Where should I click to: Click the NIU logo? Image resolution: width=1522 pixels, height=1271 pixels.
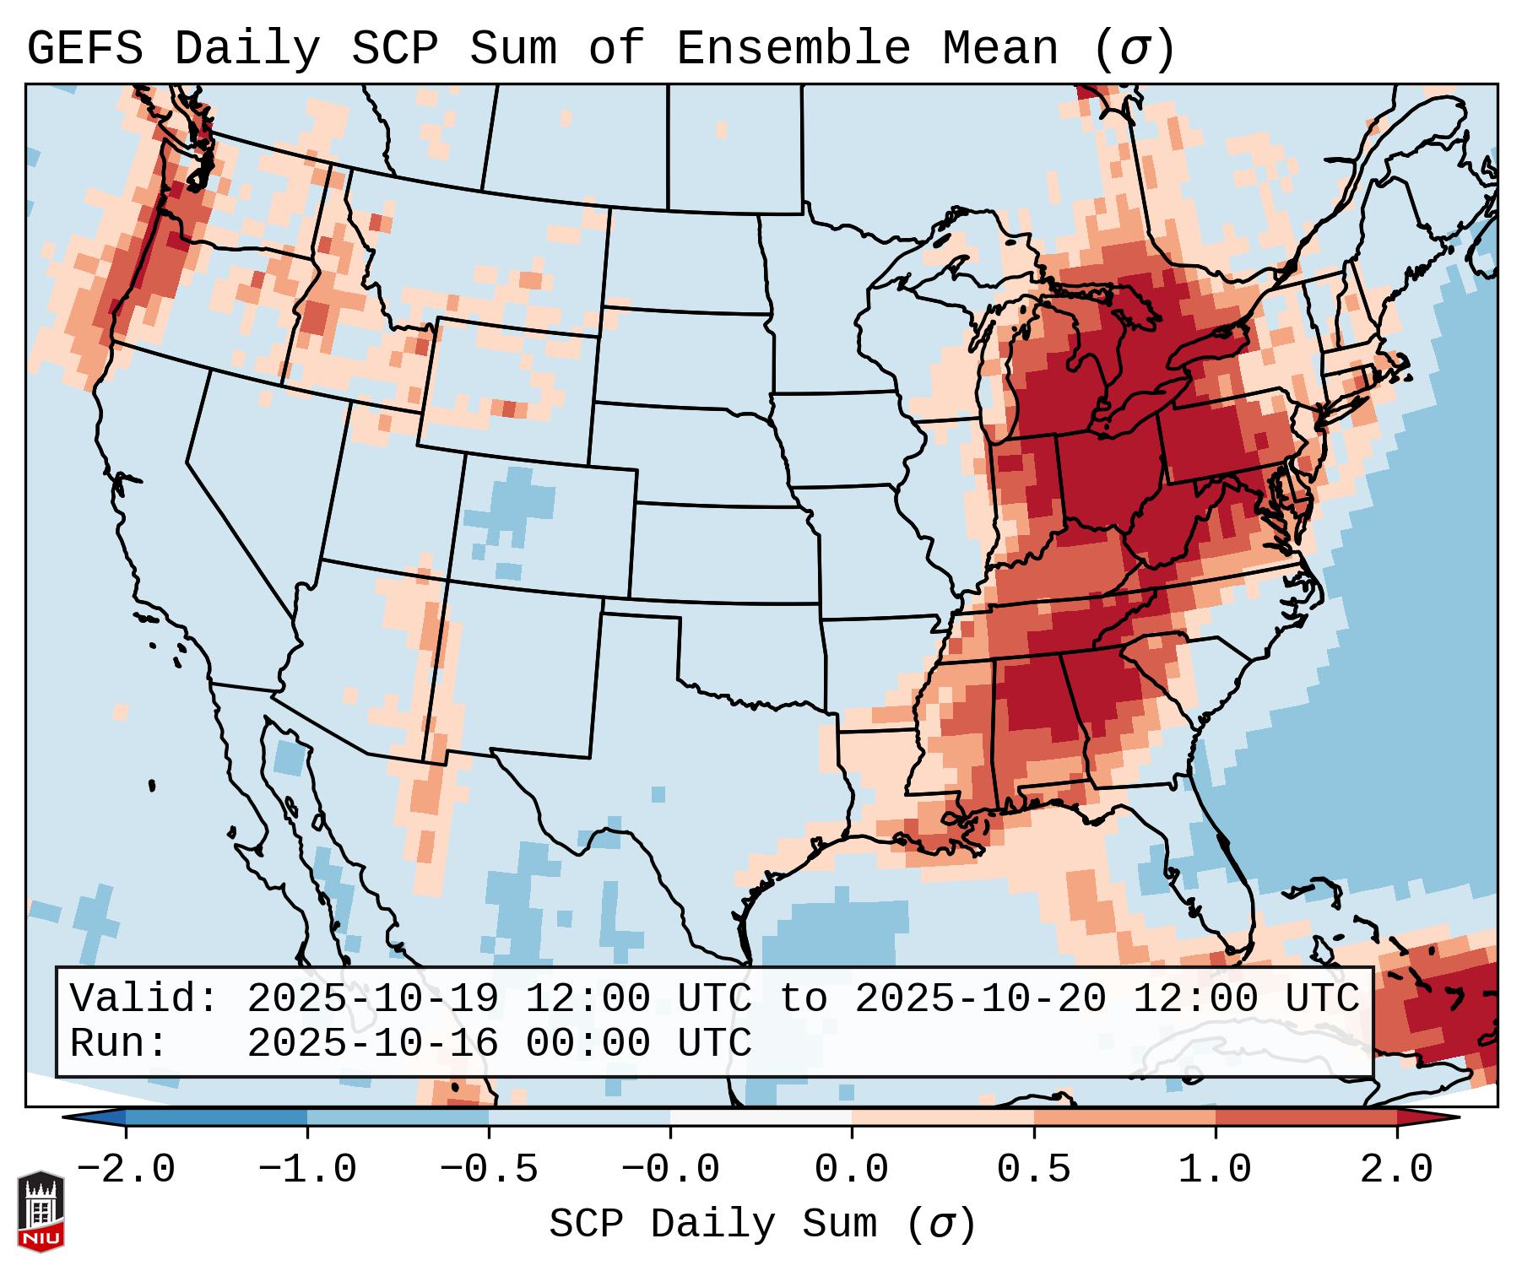pyautogui.click(x=41, y=1211)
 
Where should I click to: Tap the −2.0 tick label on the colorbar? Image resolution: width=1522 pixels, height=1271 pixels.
pyautogui.click(x=126, y=1170)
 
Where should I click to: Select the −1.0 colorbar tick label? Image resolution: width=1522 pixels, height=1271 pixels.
pyautogui.click(x=307, y=1170)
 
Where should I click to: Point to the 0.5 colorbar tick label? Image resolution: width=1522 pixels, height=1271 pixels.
pyautogui.click(x=1033, y=1170)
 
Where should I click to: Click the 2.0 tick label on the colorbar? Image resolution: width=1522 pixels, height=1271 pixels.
pyautogui.click(x=1396, y=1170)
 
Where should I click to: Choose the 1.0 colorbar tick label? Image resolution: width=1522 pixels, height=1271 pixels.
pyautogui.click(x=1215, y=1170)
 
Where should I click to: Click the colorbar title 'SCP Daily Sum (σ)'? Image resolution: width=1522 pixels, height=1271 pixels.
pyautogui.click(x=762, y=1225)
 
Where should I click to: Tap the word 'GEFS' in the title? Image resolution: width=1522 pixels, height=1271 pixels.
pyautogui.click(x=84, y=48)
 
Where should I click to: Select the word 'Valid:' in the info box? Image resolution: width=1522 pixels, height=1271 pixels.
pyautogui.click(x=144, y=998)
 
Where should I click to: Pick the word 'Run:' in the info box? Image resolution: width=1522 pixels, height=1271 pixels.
pyautogui.click(x=118, y=1043)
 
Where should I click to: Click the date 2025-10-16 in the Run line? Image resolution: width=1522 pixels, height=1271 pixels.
pyautogui.click(x=372, y=1043)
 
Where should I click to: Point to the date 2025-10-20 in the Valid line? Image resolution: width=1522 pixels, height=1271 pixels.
pyautogui.click(x=980, y=998)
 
